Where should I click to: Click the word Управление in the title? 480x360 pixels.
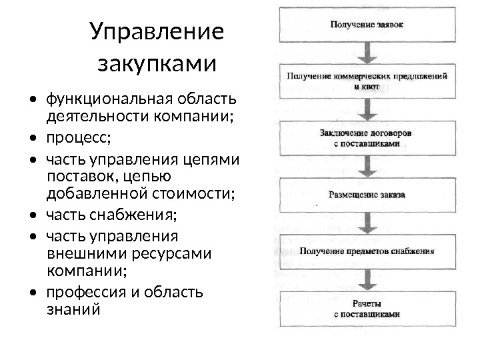click(x=157, y=33)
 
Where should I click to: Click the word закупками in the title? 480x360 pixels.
click(x=157, y=65)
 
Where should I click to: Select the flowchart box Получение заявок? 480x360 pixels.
click(x=367, y=25)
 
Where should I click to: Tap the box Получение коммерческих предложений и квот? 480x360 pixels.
click(x=367, y=81)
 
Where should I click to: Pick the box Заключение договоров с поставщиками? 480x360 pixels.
click(x=367, y=138)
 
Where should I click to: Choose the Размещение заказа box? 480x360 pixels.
click(x=367, y=195)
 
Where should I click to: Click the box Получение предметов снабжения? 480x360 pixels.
click(x=367, y=252)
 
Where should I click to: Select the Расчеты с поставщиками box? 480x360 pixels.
click(x=367, y=309)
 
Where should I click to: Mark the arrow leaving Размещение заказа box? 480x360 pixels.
click(x=367, y=223)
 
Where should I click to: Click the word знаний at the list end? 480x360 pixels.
click(x=73, y=309)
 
